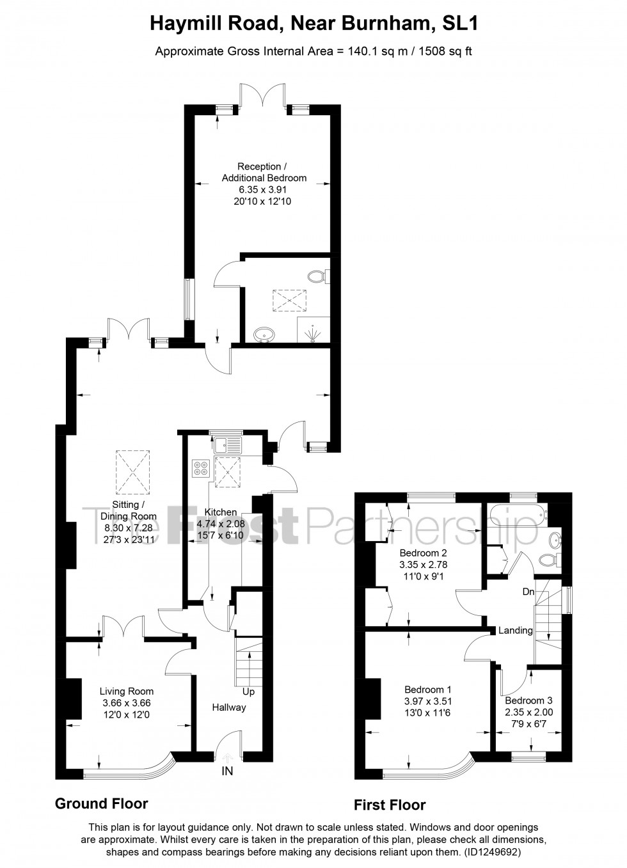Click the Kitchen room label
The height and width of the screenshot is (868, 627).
tap(221, 512)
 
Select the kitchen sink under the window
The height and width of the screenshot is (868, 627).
tap(227, 445)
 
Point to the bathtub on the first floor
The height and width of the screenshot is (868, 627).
tap(518, 515)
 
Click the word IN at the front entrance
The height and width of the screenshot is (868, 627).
tap(227, 771)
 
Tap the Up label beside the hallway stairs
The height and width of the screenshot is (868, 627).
tap(248, 691)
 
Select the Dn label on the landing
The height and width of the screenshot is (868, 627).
tap(528, 592)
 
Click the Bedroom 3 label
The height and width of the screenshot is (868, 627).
tap(528, 700)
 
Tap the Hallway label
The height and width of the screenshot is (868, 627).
tap(228, 707)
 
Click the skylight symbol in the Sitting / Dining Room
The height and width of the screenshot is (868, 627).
tap(132, 472)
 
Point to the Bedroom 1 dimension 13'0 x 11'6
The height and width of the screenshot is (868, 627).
tap(428, 712)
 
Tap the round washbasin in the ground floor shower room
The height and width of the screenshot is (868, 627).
tap(264, 334)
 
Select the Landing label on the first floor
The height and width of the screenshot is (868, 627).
tap(516, 630)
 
